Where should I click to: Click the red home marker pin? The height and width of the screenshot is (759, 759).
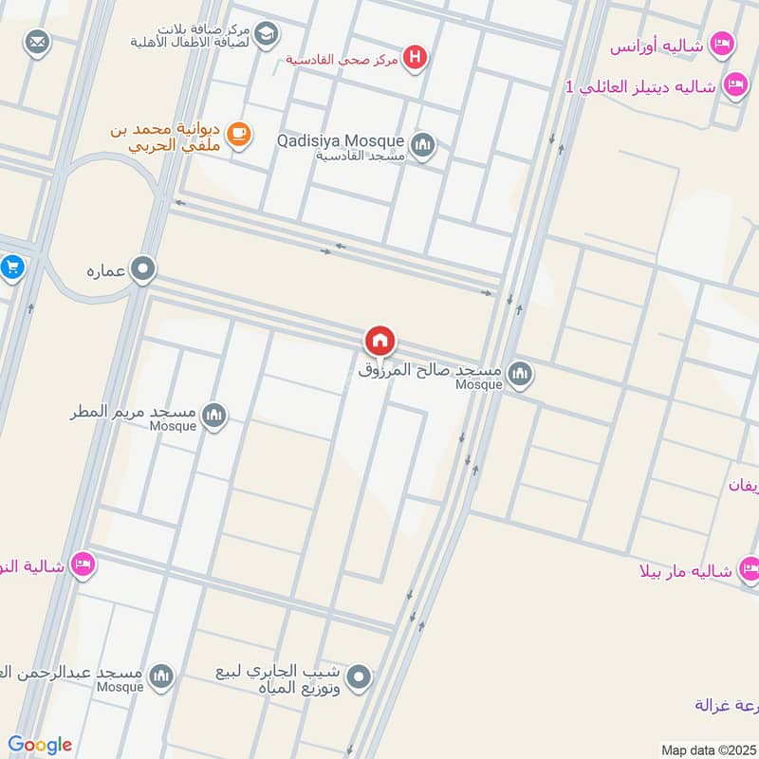tap(379, 340)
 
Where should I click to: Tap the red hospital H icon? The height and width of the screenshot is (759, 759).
tap(414, 59)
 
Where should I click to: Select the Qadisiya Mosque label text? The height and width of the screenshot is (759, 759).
tap(341, 140)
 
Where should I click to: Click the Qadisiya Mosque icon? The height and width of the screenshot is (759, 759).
tap(423, 145)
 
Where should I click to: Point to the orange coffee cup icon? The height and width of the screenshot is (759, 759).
tap(238, 135)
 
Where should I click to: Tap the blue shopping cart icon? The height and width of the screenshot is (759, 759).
tap(11, 267)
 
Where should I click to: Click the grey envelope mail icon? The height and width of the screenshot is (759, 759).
tap(37, 43)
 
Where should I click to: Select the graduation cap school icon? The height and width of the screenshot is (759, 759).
tap(267, 34)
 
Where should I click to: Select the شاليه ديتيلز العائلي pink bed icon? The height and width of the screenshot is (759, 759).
tap(734, 86)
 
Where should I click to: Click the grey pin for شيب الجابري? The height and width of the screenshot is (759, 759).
tap(359, 677)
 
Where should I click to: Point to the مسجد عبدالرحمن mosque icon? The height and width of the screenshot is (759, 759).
tap(161, 676)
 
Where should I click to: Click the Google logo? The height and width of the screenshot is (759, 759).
tap(40, 745)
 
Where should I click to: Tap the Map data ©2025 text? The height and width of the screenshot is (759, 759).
tap(706, 750)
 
